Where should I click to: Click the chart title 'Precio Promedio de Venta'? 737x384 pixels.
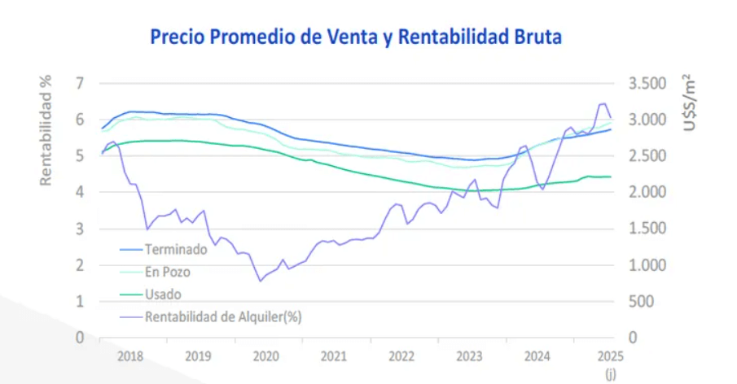[356, 37]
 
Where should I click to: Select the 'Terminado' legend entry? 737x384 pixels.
[175, 250]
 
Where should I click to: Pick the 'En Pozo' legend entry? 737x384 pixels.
[167, 272]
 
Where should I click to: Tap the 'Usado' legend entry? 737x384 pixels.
[163, 294]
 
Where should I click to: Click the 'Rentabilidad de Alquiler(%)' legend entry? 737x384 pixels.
[222, 316]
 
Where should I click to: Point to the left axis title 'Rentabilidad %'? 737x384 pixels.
[46, 129]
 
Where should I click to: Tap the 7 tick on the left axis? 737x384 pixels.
[79, 83]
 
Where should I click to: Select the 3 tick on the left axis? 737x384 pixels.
[79, 229]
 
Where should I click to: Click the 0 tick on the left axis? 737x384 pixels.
[79, 337]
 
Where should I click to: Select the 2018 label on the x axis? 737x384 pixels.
[129, 356]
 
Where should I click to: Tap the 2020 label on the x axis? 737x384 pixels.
[266, 356]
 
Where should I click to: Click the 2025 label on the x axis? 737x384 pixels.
[609, 356]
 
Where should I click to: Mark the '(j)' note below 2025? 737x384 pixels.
[610, 373]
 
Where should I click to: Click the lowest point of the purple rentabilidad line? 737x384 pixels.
[261, 281]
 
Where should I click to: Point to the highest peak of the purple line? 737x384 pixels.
[603, 103]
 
